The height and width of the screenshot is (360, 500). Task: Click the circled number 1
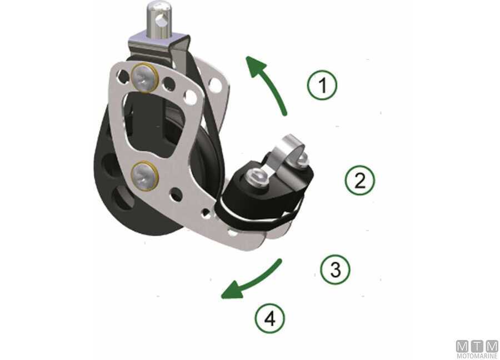click(322, 85)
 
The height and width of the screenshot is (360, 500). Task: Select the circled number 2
click(359, 180)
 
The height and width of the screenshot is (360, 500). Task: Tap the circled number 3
click(335, 269)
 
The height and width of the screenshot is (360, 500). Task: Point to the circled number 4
click(270, 318)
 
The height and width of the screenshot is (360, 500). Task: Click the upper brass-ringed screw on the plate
click(145, 78)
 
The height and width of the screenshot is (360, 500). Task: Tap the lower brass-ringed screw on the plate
click(145, 176)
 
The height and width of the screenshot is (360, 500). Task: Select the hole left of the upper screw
click(123, 76)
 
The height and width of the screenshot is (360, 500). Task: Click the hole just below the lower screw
click(176, 193)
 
